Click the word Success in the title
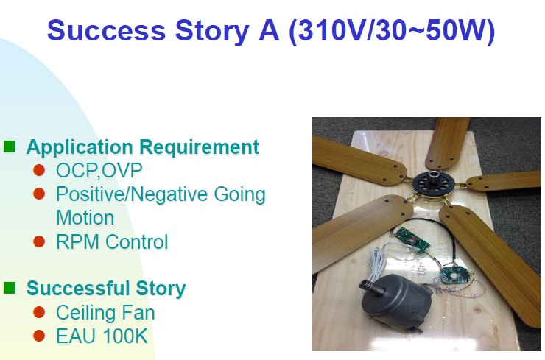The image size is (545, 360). coord(106,30)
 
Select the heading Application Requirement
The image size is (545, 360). coord(143,147)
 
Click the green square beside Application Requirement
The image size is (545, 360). coord(10,147)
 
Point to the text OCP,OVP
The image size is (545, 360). coord(99,170)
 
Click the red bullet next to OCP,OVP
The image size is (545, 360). coord(39,170)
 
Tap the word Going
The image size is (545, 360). coord(239,194)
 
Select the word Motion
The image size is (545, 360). coord(85,218)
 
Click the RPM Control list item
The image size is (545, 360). coord(112,242)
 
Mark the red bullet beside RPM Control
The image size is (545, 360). coord(39,241)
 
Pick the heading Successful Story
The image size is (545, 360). coord(106,289)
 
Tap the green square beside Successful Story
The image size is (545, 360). coord(10,288)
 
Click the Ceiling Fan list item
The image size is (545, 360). coord(105,312)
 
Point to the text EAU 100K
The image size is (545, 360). coord(102,336)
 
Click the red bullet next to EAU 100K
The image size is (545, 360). coord(39,336)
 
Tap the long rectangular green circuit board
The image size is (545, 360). coord(413,239)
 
